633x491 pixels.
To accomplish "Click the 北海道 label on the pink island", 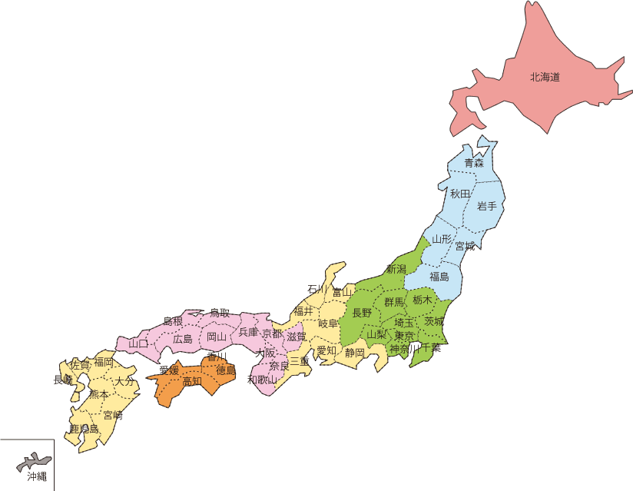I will [544, 77].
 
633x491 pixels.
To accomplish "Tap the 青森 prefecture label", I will [474, 163].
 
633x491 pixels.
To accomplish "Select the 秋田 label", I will [459, 194].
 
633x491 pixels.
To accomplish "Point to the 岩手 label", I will [487, 206].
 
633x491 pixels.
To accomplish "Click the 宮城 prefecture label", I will [465, 247].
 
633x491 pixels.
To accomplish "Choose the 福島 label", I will [439, 277].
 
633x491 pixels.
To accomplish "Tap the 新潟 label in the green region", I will [396, 269].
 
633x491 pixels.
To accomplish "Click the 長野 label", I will [362, 313].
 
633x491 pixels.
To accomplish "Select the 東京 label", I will [404, 337].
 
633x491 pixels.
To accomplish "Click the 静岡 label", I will [354, 353].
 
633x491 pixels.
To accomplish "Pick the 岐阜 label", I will [328, 323].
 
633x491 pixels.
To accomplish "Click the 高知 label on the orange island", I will [192, 380].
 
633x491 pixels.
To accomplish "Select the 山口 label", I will [138, 343].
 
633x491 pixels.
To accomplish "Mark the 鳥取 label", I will [220, 313].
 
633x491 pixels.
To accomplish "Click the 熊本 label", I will [99, 393].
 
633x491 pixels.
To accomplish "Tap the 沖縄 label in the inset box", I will [37, 476].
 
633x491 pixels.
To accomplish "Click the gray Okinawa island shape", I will [35, 462].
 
